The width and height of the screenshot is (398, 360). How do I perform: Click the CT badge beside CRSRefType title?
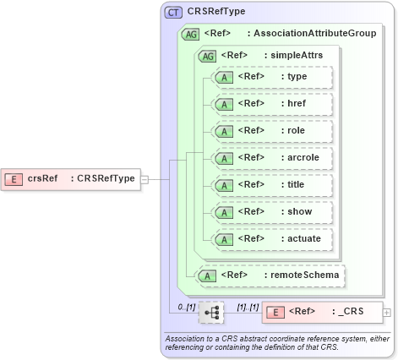(174, 12)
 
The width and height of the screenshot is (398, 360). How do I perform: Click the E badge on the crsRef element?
(14, 178)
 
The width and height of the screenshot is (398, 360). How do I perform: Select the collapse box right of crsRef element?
(144, 178)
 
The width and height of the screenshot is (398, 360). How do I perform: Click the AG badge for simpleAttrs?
(206, 55)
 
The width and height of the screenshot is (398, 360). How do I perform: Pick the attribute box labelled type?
(272, 77)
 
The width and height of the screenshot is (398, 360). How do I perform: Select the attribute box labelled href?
(272, 104)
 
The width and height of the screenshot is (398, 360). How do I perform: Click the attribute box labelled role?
(272, 131)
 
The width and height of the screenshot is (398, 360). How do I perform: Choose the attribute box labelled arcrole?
(272, 158)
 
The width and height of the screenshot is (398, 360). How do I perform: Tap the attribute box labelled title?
(272, 185)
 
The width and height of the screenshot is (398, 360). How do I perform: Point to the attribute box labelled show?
(272, 212)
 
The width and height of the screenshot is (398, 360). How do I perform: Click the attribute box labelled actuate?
(272, 239)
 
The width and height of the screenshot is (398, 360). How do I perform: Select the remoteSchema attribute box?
(272, 275)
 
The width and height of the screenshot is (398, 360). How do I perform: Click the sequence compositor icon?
(211, 312)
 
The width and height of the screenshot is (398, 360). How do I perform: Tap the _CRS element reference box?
(322, 312)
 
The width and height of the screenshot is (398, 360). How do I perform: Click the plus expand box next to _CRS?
(387, 312)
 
